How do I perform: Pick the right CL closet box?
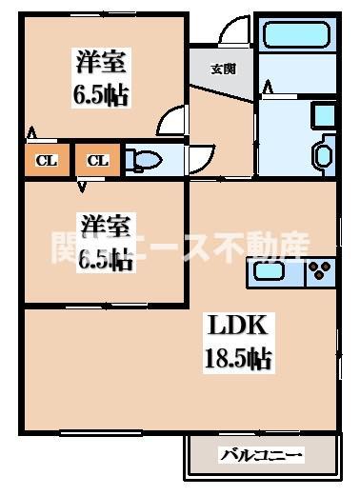98,160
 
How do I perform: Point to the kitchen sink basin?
273,273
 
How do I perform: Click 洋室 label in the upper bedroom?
98,66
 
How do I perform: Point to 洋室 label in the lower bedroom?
105,226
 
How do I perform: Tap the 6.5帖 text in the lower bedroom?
105,257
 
